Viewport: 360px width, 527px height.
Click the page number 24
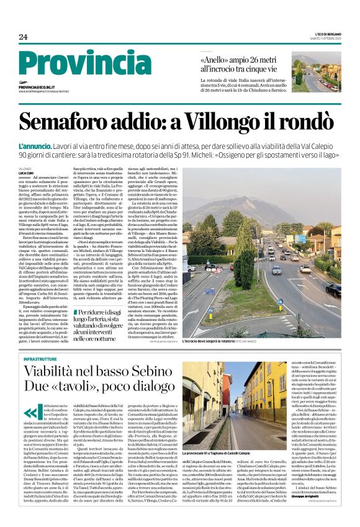coord(23,37)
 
